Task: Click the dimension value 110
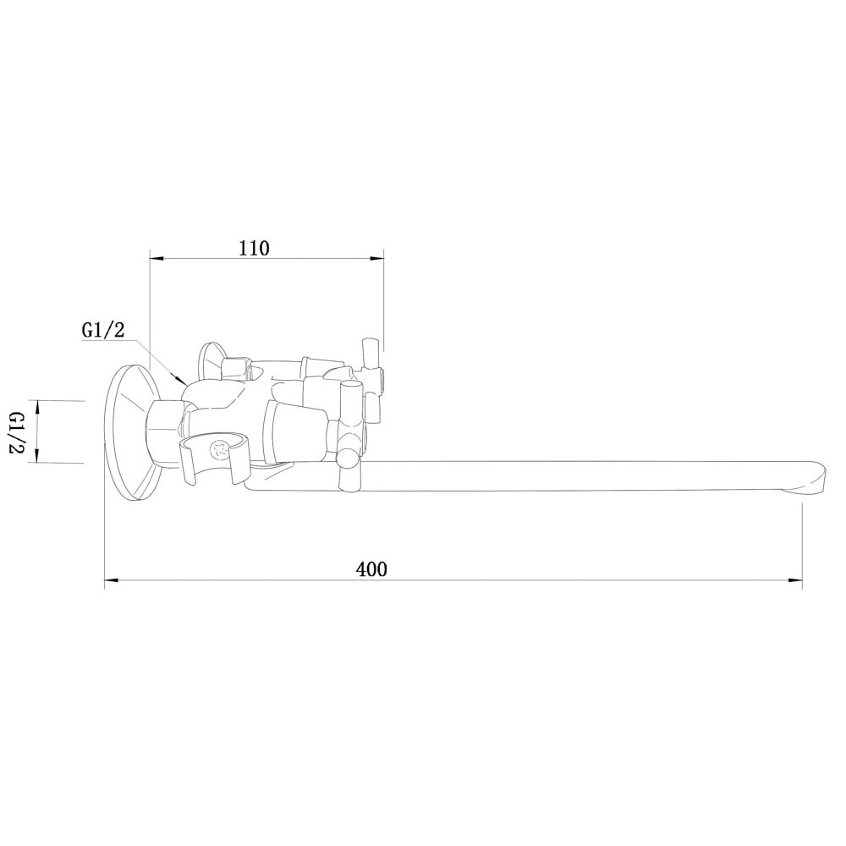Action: (x=254, y=248)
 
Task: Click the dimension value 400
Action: (x=371, y=569)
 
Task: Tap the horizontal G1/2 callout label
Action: (x=103, y=330)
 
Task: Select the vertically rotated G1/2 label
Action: (x=18, y=432)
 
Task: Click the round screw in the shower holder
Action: (x=220, y=449)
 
